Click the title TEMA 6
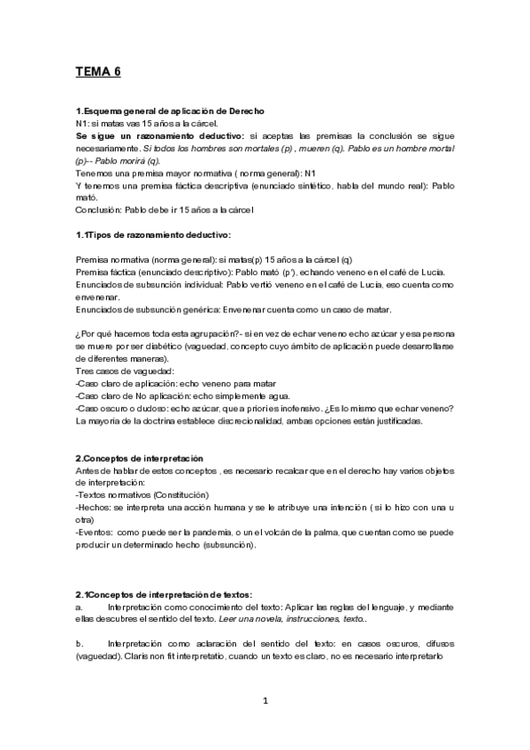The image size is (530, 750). (x=97, y=73)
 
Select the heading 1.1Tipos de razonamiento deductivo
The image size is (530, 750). (x=153, y=233)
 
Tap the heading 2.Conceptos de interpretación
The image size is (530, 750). (x=140, y=458)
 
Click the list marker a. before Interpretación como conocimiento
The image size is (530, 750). (x=79, y=608)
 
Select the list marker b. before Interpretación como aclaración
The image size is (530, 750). (x=79, y=644)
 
